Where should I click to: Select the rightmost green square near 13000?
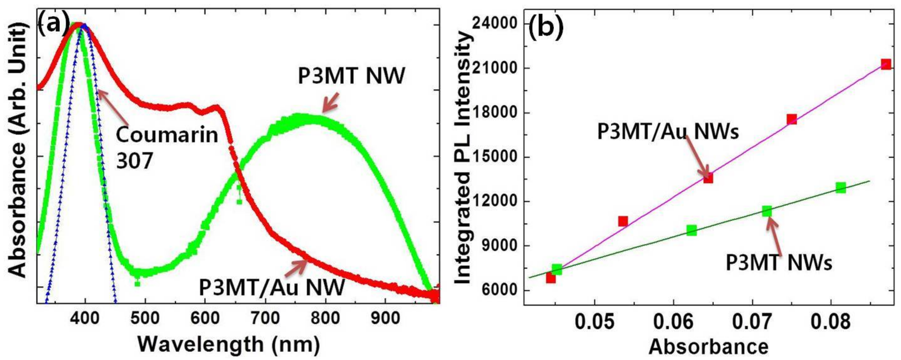click(841, 188)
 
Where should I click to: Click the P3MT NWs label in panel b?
click(778, 262)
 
